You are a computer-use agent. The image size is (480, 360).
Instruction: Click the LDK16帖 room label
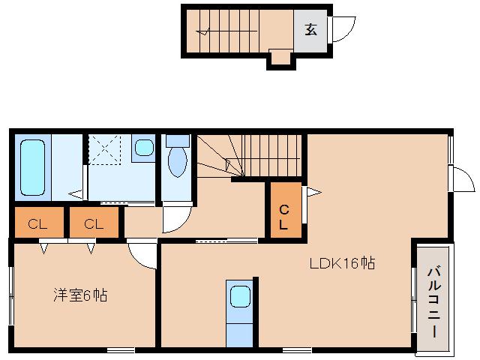coord(343,263)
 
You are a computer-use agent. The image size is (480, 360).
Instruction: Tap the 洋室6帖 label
coord(80,295)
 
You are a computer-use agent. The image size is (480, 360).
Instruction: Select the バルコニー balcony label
coord(433,301)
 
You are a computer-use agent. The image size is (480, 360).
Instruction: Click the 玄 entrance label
coord(310,30)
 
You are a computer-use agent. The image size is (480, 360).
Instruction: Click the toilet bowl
coord(177,162)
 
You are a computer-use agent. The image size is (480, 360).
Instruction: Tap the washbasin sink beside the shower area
coord(142,147)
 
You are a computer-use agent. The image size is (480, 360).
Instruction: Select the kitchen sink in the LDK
coord(240,297)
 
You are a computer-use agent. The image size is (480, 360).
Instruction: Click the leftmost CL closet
coord(34,223)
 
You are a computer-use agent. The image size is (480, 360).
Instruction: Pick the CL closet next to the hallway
coord(93,223)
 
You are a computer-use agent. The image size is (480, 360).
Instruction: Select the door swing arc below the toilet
coord(177,217)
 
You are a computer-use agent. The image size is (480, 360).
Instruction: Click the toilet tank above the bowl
coord(177,140)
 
